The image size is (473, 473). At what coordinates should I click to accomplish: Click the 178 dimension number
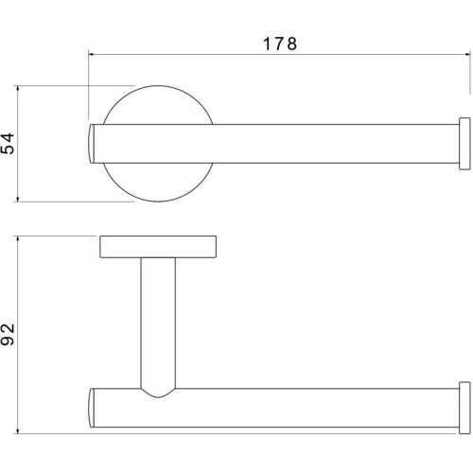[280, 44]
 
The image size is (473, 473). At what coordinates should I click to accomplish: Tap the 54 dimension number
[8, 144]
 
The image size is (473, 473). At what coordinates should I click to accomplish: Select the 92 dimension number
[8, 335]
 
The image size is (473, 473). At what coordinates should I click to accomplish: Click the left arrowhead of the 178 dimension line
[92, 55]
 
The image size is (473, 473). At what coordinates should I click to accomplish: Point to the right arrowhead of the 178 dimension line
[466, 55]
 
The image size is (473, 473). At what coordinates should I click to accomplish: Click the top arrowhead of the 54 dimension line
[18, 89]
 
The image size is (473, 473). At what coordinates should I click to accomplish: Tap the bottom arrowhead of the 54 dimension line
[18, 199]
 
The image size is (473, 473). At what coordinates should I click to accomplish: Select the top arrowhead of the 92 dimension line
[18, 239]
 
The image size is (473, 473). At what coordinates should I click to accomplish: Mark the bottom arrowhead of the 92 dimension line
[18, 430]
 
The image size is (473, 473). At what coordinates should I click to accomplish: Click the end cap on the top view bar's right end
[464, 144]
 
